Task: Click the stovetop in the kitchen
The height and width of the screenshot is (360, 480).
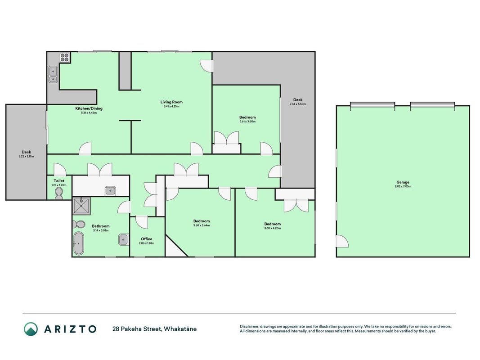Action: coord(65,58)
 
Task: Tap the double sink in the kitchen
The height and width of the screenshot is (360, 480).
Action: coord(53,74)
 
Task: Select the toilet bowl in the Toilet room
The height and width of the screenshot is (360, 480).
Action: coord(59,193)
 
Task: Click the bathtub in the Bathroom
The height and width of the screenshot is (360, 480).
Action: coord(79,243)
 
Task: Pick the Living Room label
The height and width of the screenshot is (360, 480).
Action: coord(171,102)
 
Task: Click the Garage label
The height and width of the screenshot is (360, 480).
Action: coord(403,182)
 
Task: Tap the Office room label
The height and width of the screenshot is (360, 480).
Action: coord(147,239)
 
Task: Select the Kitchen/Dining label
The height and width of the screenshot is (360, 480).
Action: coord(89,108)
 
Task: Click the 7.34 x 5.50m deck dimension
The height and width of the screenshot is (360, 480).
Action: coord(298,104)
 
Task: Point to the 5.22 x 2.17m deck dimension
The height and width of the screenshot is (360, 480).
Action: coord(27,157)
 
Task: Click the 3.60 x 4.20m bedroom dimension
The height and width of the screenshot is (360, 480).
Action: coord(273,228)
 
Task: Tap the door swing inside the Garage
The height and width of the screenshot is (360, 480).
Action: coord(342,241)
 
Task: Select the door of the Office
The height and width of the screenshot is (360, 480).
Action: coord(141,222)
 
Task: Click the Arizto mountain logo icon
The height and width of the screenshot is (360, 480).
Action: coord(31,329)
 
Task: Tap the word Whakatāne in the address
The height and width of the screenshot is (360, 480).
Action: coord(180,329)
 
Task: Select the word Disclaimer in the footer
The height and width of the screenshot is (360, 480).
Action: coord(249,327)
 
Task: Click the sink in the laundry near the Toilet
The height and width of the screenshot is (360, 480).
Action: coord(110,191)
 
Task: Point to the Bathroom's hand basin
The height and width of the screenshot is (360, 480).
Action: coord(123,239)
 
